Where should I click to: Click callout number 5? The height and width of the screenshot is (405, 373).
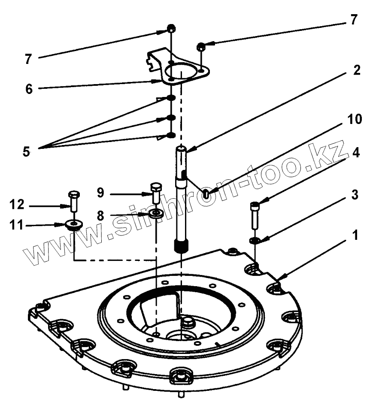pyautogui.click(x=27, y=151)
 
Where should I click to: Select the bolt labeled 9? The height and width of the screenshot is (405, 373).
pyautogui.click(x=155, y=193)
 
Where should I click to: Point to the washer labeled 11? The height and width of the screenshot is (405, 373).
pyautogui.click(x=74, y=224)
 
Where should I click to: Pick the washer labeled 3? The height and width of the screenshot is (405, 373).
pyautogui.click(x=255, y=239)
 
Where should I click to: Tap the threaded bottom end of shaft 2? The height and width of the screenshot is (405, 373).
pyautogui.click(x=181, y=246)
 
